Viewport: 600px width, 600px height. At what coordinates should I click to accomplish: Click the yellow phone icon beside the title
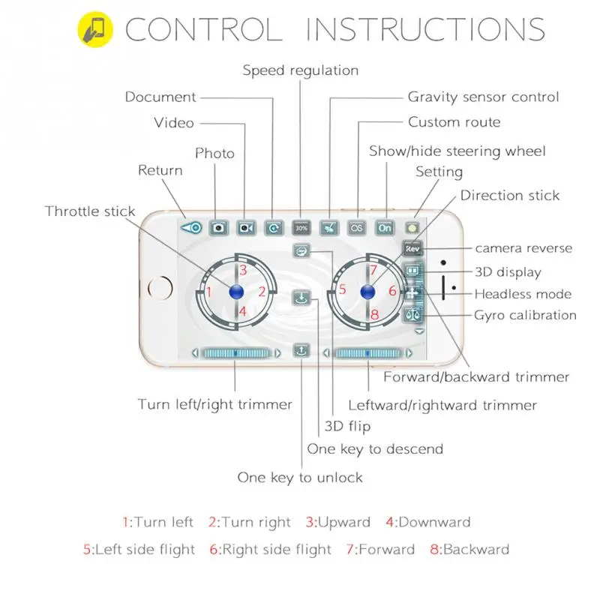[95, 29]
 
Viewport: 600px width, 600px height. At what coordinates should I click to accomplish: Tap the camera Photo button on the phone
[218, 228]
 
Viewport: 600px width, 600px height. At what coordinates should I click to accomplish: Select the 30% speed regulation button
[301, 228]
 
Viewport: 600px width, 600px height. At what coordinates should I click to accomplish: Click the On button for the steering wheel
[385, 228]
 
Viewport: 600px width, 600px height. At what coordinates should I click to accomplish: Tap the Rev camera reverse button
[412, 249]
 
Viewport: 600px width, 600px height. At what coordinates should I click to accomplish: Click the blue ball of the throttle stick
[236, 292]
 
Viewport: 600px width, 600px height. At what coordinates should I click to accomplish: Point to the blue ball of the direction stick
[367, 292]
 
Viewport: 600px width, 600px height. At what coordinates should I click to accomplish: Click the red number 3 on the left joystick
[243, 270]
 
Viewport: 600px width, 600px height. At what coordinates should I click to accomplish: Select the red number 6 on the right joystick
[392, 291]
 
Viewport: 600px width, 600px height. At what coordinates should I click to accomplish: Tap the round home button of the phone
[160, 288]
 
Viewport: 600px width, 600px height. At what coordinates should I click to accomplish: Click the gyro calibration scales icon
[412, 315]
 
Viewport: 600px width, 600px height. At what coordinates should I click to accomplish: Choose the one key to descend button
[301, 297]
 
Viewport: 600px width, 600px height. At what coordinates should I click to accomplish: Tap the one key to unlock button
[301, 350]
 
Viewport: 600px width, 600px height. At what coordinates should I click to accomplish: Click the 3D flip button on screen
[301, 251]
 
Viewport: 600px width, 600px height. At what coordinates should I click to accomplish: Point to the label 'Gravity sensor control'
[483, 97]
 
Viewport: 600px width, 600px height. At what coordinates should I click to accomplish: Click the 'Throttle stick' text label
[90, 211]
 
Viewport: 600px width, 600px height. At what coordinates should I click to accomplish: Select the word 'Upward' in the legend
[344, 522]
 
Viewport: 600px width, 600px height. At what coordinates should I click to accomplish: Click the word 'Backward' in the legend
[476, 550]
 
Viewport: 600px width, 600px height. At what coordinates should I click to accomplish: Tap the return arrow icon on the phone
[191, 228]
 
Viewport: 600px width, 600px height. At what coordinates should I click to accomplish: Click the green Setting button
[412, 229]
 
